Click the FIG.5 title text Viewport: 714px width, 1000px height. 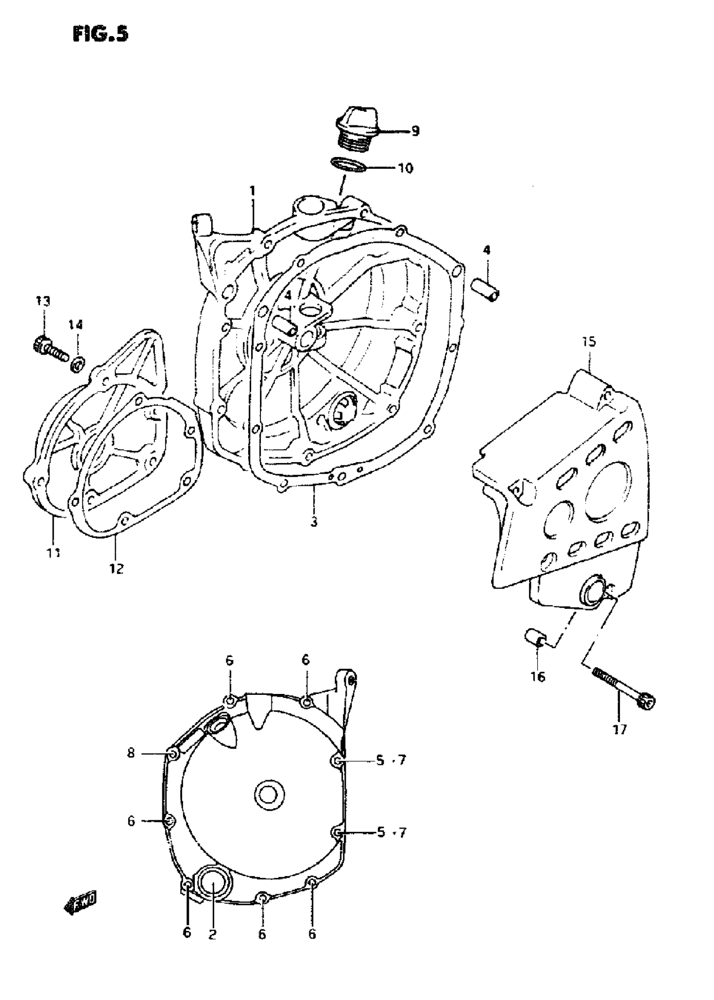[100, 34]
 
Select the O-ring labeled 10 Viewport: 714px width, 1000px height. [349, 165]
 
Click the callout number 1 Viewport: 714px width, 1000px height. [252, 191]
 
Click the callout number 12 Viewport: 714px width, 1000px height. [116, 568]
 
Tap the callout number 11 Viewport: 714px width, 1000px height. [54, 553]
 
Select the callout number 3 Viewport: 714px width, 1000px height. [314, 522]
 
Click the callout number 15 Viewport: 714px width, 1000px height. [589, 341]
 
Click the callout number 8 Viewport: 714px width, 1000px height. [131, 753]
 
